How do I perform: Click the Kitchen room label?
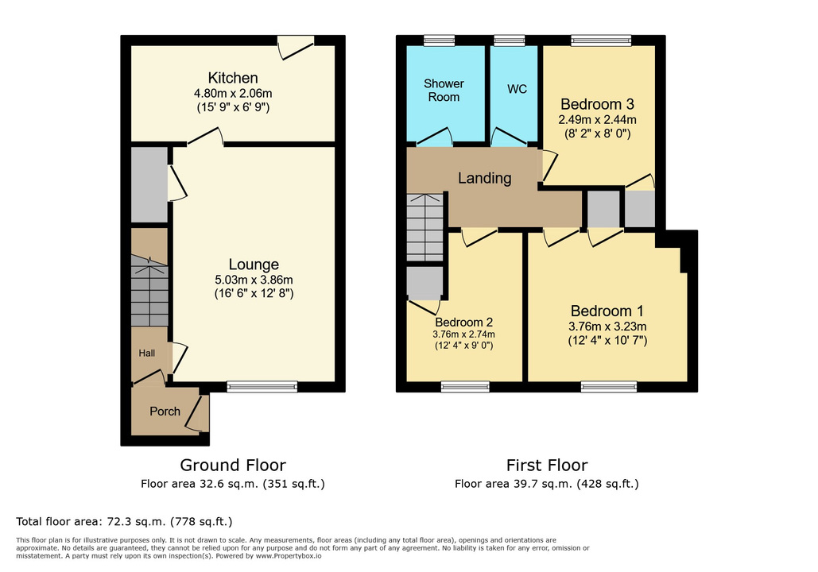tap(233, 78)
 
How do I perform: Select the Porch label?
tap(165, 411)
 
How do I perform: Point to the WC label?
tap(517, 89)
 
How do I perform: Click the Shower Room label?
tap(444, 90)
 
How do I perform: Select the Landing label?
tap(484, 178)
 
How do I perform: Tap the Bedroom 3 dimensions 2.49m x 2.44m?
tap(598, 120)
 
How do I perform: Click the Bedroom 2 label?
tap(464, 322)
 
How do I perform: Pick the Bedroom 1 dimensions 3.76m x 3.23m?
tap(608, 327)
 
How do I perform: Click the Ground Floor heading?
tap(232, 465)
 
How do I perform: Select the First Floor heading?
tap(547, 465)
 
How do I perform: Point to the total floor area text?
tap(124, 522)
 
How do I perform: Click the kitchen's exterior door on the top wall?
tap(295, 46)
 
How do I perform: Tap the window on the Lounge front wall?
tap(262, 387)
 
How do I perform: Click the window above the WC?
tap(509, 40)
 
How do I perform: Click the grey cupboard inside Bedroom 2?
tap(424, 283)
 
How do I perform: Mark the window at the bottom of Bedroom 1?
tap(608, 387)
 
